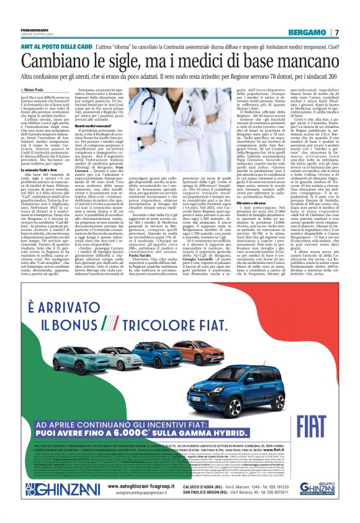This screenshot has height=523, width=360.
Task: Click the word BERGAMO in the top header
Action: coord(311,32)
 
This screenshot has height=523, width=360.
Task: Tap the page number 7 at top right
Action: coord(336,32)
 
